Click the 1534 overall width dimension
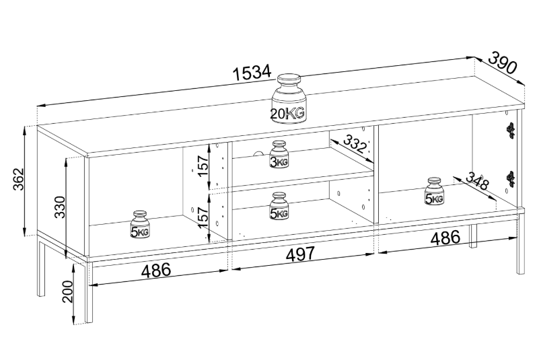click(252, 73)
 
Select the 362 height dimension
click(18, 179)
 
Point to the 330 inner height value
click(60, 207)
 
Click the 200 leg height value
click(68, 291)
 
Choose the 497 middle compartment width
click(300, 254)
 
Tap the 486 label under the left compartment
click(155, 271)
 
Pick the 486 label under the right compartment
click(445, 238)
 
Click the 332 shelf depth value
click(354, 143)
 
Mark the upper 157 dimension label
click(203, 166)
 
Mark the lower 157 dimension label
click(203, 217)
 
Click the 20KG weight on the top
click(289, 98)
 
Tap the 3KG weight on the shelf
click(279, 154)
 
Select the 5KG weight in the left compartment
click(139, 224)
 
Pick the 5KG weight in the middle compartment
click(279, 206)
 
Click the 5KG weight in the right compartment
click(434, 191)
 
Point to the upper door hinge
click(511, 131)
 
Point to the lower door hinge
click(511, 179)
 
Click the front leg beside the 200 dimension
click(89, 292)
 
